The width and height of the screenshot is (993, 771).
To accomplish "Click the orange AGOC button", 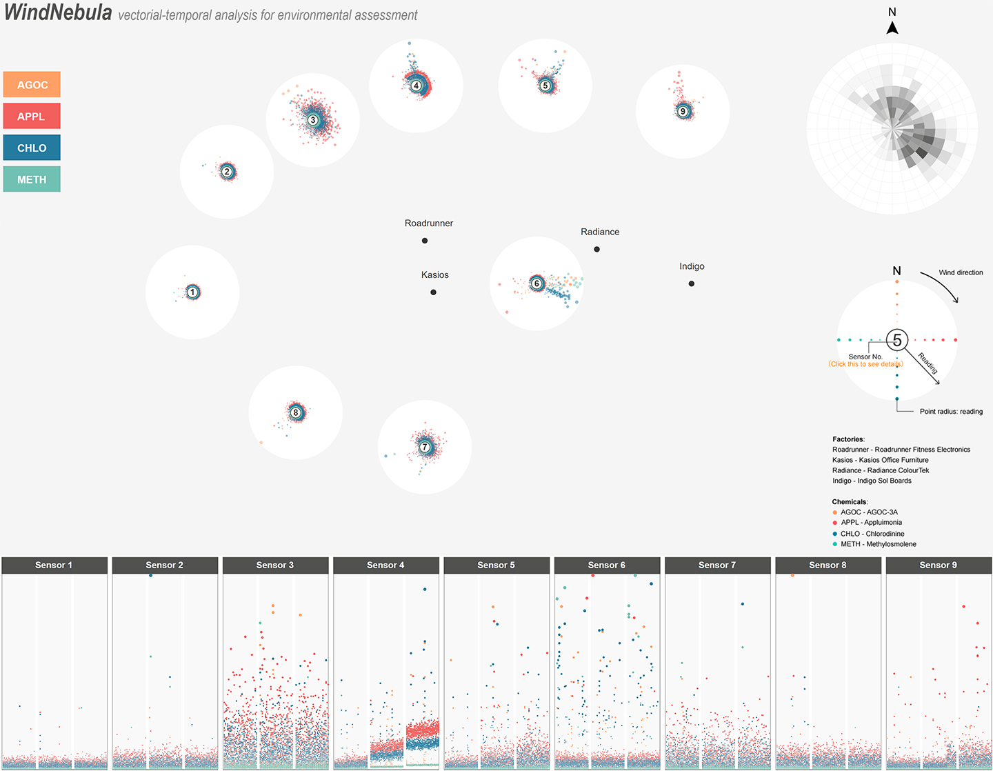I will [x=32, y=85].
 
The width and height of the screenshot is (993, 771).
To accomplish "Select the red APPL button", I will [x=32, y=116].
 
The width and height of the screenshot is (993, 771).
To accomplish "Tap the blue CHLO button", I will [x=32, y=148].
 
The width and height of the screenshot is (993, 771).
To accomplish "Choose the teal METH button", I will [x=32, y=179].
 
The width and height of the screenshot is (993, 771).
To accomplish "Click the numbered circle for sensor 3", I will [x=313, y=120].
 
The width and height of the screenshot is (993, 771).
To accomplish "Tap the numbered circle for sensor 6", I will [x=536, y=283].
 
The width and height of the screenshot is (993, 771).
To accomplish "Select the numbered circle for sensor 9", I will [x=683, y=111].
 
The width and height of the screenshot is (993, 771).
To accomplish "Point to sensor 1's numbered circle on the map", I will [x=193, y=292].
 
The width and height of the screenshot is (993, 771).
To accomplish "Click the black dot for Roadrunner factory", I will [x=425, y=241].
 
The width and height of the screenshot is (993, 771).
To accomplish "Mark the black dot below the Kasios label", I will [x=433, y=292].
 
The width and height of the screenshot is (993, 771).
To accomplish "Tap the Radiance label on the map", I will [x=600, y=232].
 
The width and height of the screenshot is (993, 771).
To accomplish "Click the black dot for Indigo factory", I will [x=692, y=283].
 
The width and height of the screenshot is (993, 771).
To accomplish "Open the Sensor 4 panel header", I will [x=385, y=565].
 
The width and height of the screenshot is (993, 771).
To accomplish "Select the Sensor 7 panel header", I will [x=717, y=565].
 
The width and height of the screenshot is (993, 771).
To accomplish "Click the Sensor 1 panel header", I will [x=54, y=565].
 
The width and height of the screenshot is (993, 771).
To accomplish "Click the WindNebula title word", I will [x=58, y=12].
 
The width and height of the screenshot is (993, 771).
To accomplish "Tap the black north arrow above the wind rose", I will [x=892, y=28].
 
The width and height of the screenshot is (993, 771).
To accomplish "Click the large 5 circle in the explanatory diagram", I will [x=897, y=340].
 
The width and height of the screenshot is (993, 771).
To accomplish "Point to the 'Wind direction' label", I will [x=961, y=272].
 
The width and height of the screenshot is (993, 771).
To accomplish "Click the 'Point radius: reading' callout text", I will [x=951, y=412].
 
